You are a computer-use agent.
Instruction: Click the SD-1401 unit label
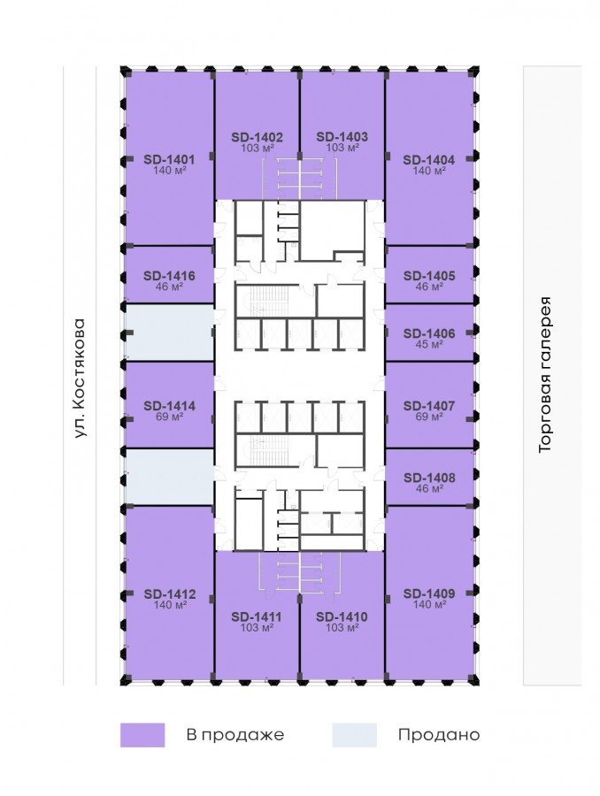pos(169,159)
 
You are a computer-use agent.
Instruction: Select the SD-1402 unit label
pos(257,137)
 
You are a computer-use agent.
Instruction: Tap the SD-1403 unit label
pos(342,136)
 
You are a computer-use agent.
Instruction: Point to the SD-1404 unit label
pos(429,160)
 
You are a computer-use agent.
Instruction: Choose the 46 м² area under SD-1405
pos(429,287)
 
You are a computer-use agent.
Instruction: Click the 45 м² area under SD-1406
pos(429,345)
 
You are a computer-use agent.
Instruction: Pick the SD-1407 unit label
pos(429,406)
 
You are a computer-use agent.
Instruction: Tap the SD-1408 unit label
pos(429,478)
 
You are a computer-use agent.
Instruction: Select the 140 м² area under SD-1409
pos(429,604)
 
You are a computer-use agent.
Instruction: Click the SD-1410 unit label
pos(342,616)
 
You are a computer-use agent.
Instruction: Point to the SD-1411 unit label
pos(257,616)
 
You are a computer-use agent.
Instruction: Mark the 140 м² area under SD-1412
pos(170,605)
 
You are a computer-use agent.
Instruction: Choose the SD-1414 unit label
pos(169,406)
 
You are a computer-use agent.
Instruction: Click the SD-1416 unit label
pos(169,276)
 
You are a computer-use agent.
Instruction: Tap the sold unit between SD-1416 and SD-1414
pos(170,333)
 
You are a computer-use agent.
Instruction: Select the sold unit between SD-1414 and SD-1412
pos(170,477)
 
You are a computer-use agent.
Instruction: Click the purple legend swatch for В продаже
pos(142,735)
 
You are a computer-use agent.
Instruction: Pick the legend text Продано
pos(439,735)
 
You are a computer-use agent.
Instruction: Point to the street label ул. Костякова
pos(81,379)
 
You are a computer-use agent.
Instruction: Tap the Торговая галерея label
pos(544,375)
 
